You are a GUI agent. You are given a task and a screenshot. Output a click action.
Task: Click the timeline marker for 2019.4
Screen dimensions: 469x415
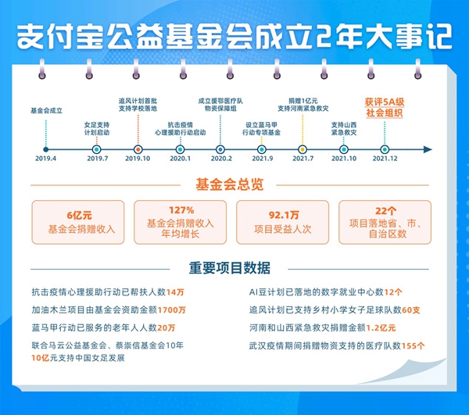[46, 149]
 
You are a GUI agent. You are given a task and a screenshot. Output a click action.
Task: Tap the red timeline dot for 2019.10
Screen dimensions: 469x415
[138, 149]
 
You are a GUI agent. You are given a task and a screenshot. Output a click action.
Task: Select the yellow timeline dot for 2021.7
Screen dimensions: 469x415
[303, 149]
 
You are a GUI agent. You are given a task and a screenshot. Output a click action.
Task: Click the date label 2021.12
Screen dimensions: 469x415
[385, 159]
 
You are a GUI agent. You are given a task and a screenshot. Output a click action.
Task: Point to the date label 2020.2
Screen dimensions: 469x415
[221, 159]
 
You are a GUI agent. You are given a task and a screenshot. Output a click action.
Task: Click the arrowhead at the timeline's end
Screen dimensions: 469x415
[428, 149]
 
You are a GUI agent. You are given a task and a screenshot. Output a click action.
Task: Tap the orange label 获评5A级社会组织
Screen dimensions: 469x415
[385, 108]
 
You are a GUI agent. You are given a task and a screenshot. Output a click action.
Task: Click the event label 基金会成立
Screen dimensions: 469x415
[46, 111]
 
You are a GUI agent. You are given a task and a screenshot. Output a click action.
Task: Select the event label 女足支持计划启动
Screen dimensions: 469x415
[97, 129]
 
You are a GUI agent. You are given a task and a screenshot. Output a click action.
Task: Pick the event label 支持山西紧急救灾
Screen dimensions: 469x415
[344, 129]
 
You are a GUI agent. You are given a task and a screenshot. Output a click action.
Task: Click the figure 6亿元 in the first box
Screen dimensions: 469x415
[79, 215]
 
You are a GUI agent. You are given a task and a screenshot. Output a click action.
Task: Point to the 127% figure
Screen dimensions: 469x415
[181, 210]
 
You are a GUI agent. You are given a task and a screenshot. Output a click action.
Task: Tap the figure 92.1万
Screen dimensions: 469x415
[284, 215]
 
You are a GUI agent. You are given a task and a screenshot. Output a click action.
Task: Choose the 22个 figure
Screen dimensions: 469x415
[385, 211]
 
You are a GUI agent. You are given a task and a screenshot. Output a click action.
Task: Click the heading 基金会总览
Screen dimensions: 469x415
[229, 184]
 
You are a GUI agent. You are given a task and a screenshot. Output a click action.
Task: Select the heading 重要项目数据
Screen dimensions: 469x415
[229, 268]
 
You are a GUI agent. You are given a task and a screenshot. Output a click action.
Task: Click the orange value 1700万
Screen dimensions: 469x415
[172, 309]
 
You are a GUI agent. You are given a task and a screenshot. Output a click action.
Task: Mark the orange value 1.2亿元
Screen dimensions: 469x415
[381, 328]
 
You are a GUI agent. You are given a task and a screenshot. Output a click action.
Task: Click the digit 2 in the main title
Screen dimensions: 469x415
[324, 37]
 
